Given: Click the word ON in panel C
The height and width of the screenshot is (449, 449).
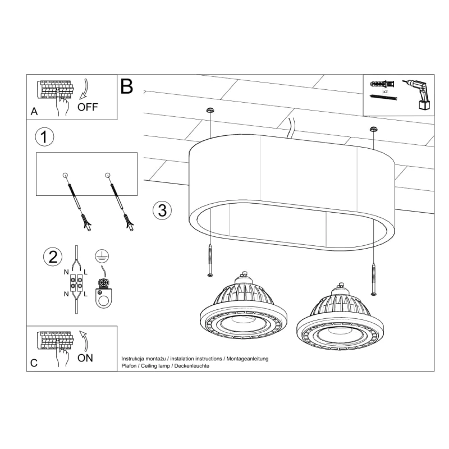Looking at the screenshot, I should click(x=85, y=358).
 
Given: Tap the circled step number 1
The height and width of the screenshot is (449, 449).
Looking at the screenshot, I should click(x=44, y=136).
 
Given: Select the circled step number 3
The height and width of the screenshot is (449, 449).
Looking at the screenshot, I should click(x=162, y=210).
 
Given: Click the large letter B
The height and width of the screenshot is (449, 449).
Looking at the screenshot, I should click(x=127, y=86).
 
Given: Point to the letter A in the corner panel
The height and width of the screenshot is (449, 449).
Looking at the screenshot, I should click(x=34, y=112).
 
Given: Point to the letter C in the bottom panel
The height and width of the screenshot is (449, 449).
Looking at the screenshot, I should click(x=34, y=363).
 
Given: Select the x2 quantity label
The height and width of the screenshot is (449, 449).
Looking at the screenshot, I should click(x=386, y=91).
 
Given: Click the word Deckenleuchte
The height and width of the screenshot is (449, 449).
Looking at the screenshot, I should click(x=191, y=365).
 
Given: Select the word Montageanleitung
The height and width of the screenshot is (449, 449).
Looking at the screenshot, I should click(x=247, y=358).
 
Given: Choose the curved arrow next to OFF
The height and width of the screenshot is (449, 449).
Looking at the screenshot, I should click(x=85, y=89).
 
